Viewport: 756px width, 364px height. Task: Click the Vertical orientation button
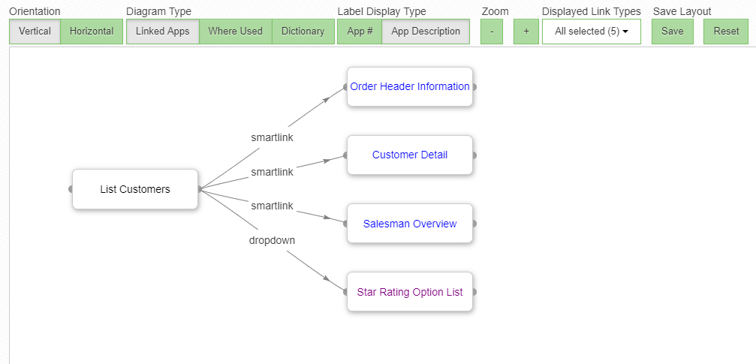pyautogui.click(x=35, y=32)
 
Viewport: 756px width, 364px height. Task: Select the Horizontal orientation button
pyautogui.click(x=92, y=32)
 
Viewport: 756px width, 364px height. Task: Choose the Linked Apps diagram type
pyautogui.click(x=162, y=32)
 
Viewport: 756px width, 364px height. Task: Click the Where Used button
pyautogui.click(x=235, y=32)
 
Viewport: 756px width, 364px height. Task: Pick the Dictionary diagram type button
pyautogui.click(x=303, y=32)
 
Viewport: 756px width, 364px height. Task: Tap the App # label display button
pyautogui.click(x=360, y=32)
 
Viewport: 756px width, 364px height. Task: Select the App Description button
pyautogui.click(x=426, y=32)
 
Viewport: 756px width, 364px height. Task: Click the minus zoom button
pyautogui.click(x=491, y=32)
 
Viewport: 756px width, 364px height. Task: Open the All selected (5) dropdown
pyautogui.click(x=591, y=32)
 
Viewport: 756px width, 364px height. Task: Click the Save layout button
pyautogui.click(x=672, y=32)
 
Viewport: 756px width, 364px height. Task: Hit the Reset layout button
pyautogui.click(x=726, y=32)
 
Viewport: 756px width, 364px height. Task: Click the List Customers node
pyautogui.click(x=135, y=189)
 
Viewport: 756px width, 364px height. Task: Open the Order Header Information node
pyautogui.click(x=410, y=87)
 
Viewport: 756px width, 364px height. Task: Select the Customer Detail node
pyautogui.click(x=410, y=155)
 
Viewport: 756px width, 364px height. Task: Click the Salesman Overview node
pyautogui.click(x=410, y=224)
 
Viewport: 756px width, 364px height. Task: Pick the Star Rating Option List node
pyautogui.click(x=410, y=292)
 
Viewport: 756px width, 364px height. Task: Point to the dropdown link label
pyautogui.click(x=272, y=241)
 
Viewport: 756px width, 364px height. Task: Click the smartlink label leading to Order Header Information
pyautogui.click(x=272, y=138)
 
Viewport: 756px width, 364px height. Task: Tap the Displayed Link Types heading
pyautogui.click(x=591, y=11)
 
